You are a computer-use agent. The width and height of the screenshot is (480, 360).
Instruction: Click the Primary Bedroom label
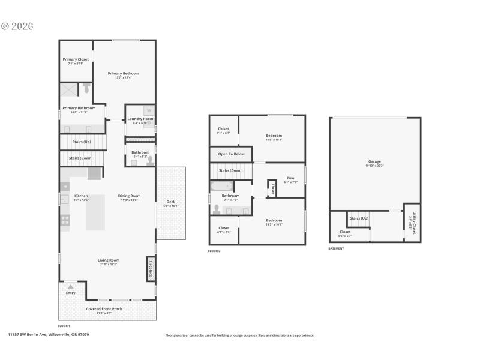[x=124, y=73]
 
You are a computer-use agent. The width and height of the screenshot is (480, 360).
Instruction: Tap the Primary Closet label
[x=76, y=59]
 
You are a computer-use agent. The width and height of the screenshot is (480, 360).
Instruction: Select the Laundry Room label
[x=140, y=119]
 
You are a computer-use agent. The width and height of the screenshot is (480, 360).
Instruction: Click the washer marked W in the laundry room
[x=149, y=110]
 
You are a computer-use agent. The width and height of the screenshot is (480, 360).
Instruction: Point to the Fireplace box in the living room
[x=151, y=268]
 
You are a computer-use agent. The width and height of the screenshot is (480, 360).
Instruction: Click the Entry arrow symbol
[x=71, y=287]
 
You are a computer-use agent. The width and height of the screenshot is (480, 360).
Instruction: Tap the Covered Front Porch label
[x=104, y=309]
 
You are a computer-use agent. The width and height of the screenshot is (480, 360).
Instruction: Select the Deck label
[x=170, y=202]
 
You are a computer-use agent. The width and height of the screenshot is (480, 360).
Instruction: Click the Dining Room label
[x=129, y=196]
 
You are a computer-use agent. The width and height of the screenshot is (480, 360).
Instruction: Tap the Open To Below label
[x=230, y=154]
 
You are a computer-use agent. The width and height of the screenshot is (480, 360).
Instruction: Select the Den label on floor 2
[x=290, y=178]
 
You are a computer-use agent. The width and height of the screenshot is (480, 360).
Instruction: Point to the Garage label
[x=374, y=161]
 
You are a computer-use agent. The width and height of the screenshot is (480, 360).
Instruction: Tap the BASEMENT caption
[x=336, y=248]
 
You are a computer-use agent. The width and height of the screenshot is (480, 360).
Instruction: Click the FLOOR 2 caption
[x=214, y=251]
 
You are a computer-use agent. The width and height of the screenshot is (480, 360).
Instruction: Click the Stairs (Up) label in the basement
[x=359, y=218]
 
